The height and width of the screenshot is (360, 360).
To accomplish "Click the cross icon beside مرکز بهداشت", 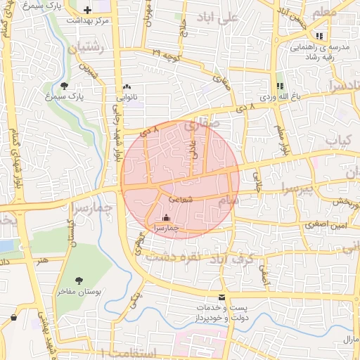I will tap(87, 11).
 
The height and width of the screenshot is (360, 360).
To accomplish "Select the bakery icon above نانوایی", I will tap(127, 87).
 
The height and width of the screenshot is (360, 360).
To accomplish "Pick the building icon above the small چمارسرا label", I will tap(166, 218).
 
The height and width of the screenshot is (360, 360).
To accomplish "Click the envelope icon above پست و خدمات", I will tap(222, 297).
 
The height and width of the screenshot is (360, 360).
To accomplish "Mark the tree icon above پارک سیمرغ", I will tap(65, 85).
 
